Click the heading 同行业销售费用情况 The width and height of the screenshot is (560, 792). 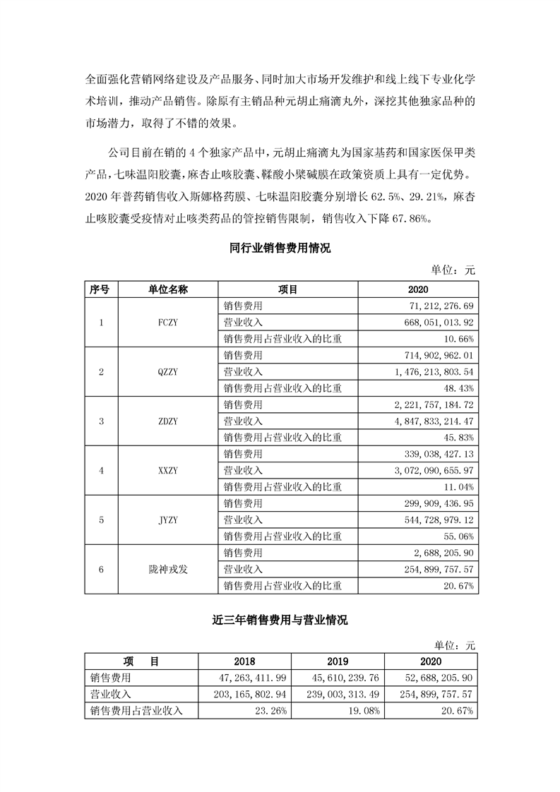click(x=280, y=248)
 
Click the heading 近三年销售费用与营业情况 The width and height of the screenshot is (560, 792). click(x=280, y=621)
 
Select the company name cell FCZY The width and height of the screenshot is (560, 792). click(x=168, y=323)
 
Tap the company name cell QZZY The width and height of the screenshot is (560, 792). click(x=168, y=372)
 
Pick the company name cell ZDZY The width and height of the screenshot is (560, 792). click(x=168, y=421)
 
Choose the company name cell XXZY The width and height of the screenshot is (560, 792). click(x=168, y=471)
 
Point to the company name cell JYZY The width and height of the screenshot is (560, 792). click(x=168, y=520)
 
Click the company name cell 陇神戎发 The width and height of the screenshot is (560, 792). click(x=168, y=570)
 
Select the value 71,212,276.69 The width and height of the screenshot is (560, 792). click(x=439, y=306)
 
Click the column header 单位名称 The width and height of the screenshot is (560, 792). click(x=168, y=289)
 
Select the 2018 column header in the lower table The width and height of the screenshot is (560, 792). click(x=244, y=661)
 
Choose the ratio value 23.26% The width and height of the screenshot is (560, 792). click(x=271, y=711)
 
